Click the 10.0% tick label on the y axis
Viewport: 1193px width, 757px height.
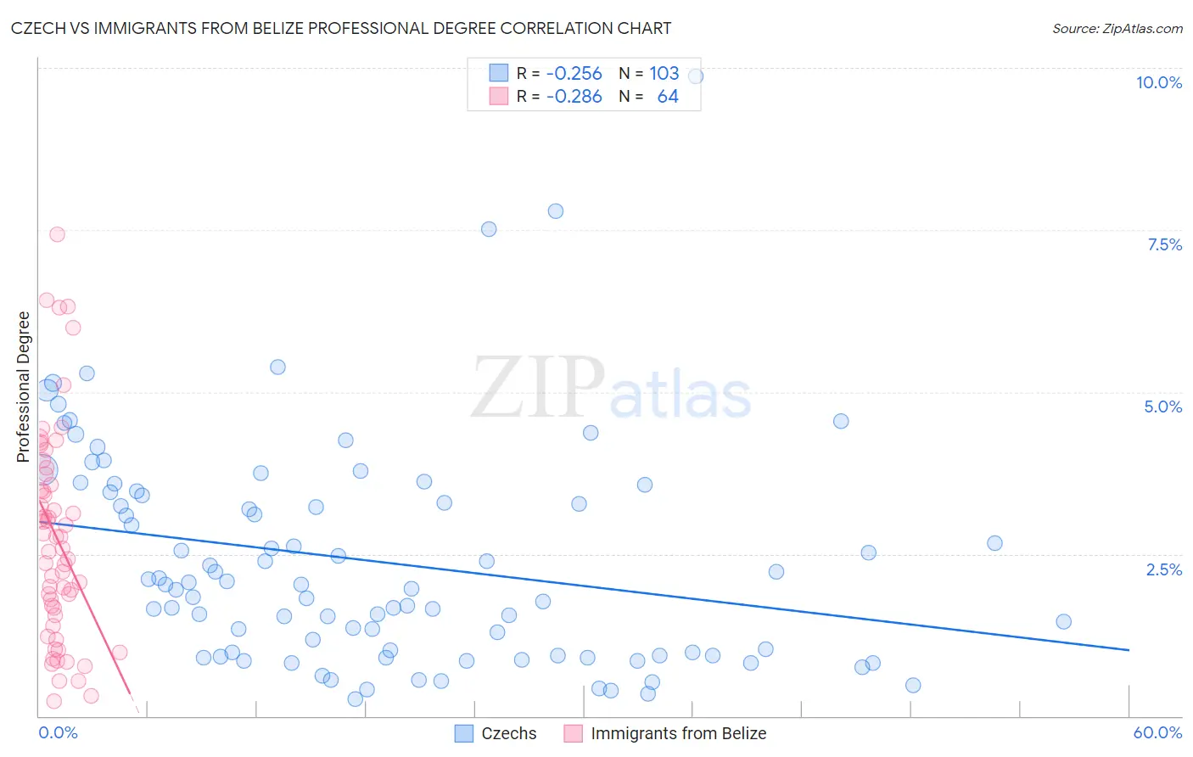pos(1158,82)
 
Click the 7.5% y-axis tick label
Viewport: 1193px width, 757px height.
pos(1164,244)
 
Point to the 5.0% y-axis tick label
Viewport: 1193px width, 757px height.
pos(1162,407)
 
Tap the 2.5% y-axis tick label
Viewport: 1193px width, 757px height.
pos(1163,569)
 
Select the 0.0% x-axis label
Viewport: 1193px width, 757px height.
pos(58,732)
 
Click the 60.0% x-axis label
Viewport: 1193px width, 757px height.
pos(1157,732)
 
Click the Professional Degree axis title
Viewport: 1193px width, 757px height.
pos(24,387)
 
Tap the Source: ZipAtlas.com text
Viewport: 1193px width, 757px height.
pos(1117,28)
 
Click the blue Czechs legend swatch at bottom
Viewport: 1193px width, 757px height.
pos(463,733)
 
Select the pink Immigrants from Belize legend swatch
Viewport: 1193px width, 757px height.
pos(574,733)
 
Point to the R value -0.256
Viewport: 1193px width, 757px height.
pos(574,73)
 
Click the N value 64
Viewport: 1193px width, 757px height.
pos(668,97)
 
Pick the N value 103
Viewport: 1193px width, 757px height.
pos(664,73)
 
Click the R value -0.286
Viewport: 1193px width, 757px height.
pos(574,97)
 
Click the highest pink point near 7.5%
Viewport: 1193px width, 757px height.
pos(57,234)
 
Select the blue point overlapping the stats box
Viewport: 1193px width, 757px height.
pos(695,76)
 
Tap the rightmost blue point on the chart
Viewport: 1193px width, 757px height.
pos(1063,621)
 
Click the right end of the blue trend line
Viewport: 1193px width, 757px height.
pos(1129,650)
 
